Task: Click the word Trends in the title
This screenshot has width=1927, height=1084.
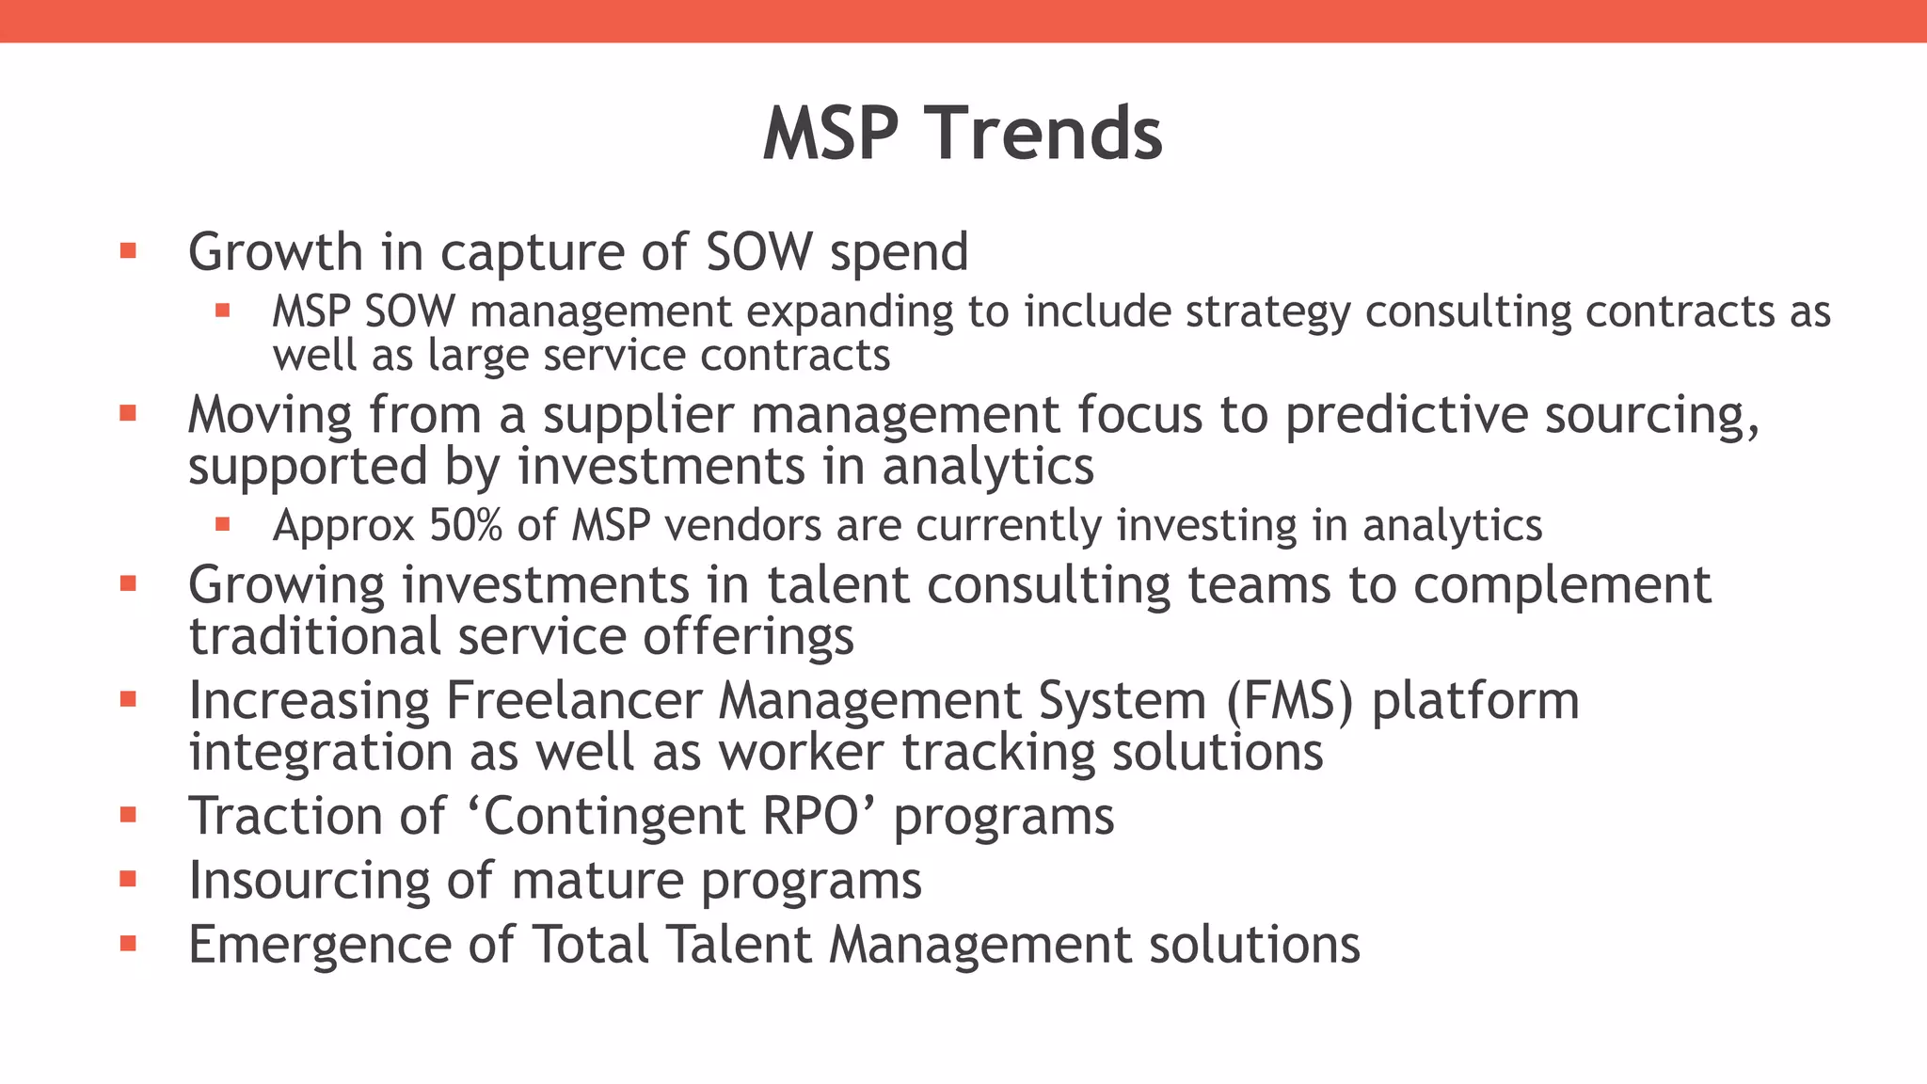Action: pyautogui.click(x=1048, y=134)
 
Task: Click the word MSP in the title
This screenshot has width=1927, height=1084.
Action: pyautogui.click(x=831, y=134)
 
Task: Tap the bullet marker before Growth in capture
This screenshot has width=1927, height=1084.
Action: pyautogui.click(x=129, y=251)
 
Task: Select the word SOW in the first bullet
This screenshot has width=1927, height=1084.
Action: pyautogui.click(x=758, y=252)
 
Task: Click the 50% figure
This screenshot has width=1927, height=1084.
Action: pyautogui.click(x=466, y=525)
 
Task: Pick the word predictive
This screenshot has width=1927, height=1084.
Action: pyautogui.click(x=1406, y=415)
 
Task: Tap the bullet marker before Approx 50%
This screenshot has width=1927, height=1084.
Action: pyautogui.click(x=222, y=524)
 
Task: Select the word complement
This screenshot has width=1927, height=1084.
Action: pyautogui.click(x=1561, y=585)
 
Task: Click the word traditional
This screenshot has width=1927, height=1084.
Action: pyautogui.click(x=314, y=636)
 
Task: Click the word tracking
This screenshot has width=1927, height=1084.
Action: pyautogui.click(x=997, y=753)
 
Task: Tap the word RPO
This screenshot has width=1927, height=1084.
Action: pyautogui.click(x=811, y=816)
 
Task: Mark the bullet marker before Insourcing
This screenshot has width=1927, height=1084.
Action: pyautogui.click(x=129, y=880)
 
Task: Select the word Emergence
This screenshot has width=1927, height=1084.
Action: pyautogui.click(x=319, y=945)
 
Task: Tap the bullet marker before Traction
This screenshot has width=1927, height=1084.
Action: pyautogui.click(x=129, y=815)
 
